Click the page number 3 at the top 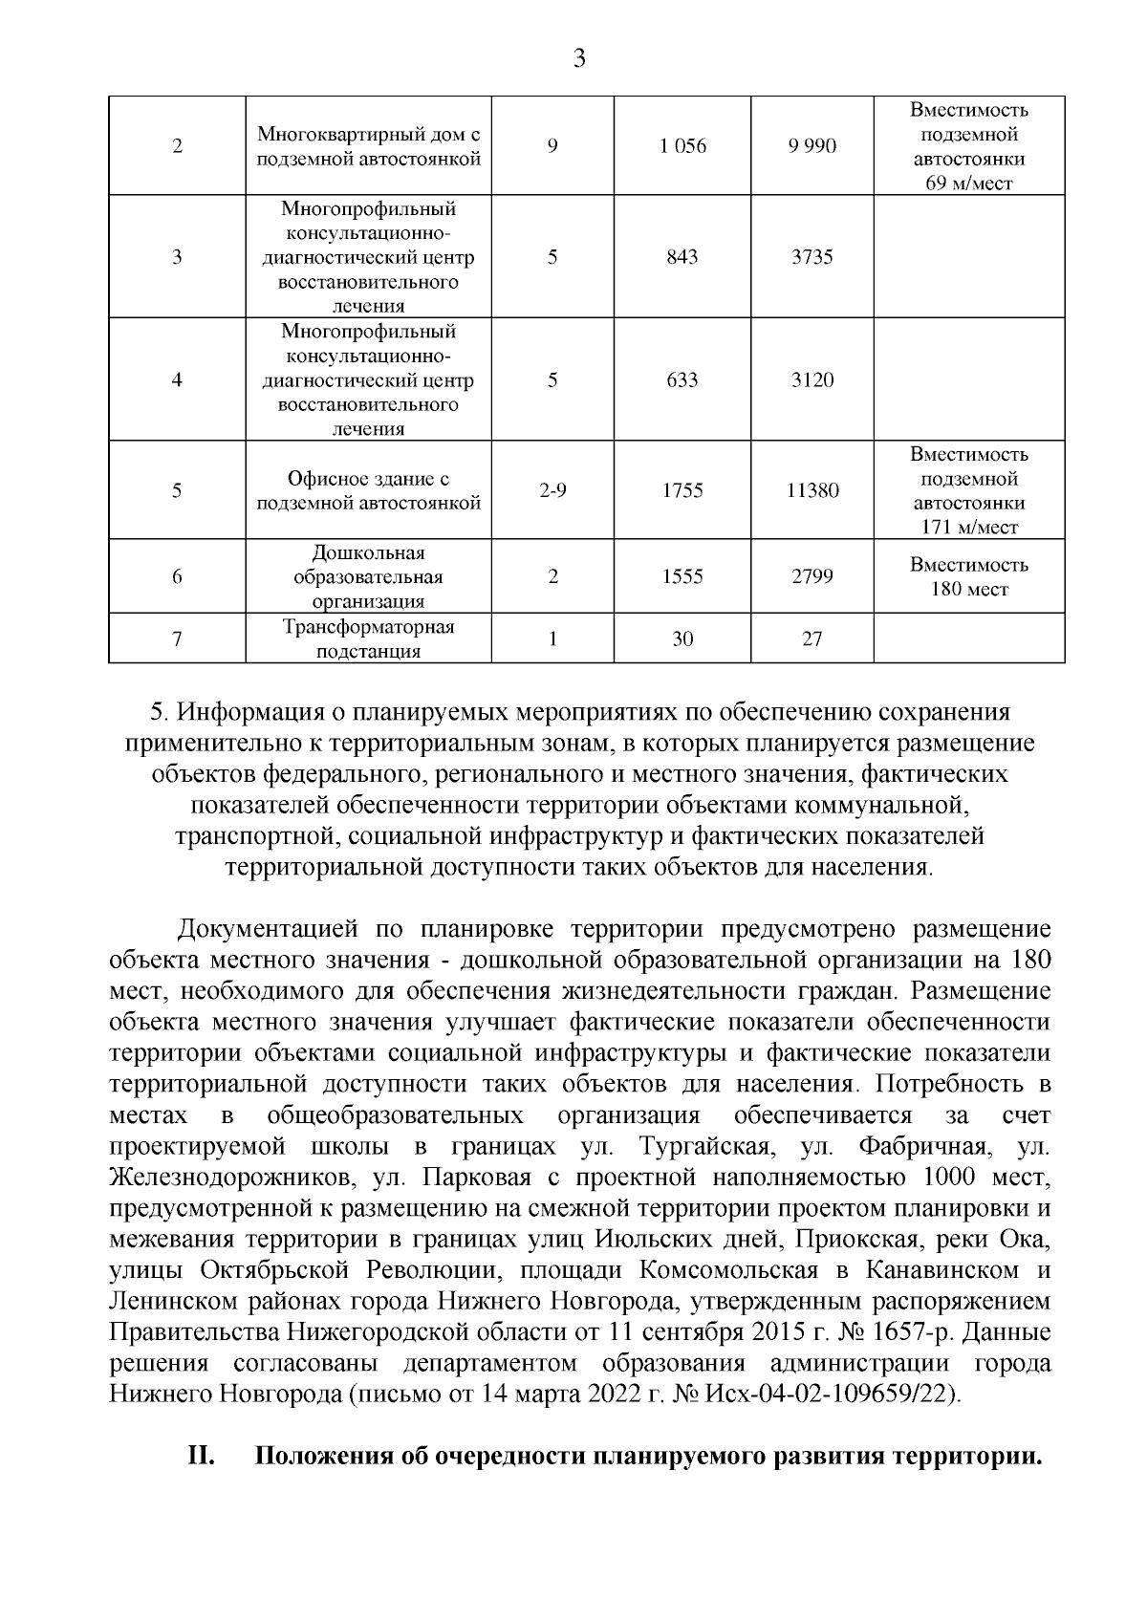[x=577, y=59]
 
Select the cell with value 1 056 [x=682, y=146]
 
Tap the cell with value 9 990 [x=812, y=146]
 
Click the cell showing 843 [x=682, y=257]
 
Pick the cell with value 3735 [x=812, y=257]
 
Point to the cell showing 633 [x=682, y=379]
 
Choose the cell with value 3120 [x=812, y=379]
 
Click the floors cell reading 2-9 [x=552, y=490]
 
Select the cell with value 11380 [x=812, y=490]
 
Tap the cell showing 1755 [x=682, y=490]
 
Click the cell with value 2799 [x=812, y=576]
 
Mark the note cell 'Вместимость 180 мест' [x=968, y=576]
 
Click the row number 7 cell [x=177, y=639]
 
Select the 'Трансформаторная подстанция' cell [x=368, y=639]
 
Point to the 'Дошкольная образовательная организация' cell [x=368, y=576]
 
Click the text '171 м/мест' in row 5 [x=968, y=528]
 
